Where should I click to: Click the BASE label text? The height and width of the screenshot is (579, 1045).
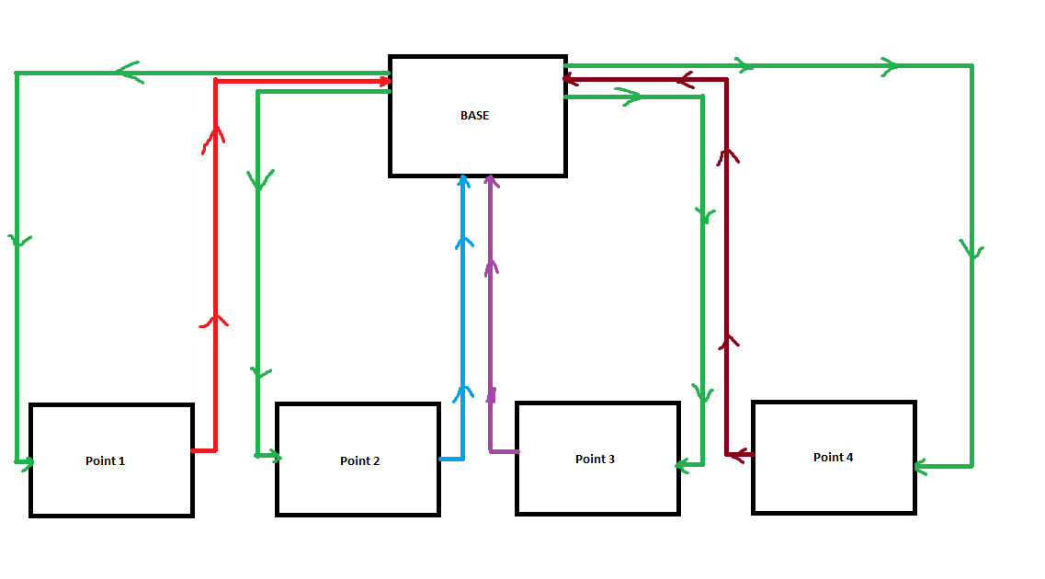coord(474,116)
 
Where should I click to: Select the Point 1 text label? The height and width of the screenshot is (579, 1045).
coord(105,460)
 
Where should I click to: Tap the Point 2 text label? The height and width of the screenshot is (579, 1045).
coord(359,460)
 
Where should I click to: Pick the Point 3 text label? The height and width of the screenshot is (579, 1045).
coord(595,459)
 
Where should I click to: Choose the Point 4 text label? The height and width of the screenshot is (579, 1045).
coord(833,457)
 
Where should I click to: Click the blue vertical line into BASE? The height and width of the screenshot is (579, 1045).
coord(464,312)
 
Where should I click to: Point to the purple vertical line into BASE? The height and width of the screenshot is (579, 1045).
coord(490,312)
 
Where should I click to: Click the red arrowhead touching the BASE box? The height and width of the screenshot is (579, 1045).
coord(383,81)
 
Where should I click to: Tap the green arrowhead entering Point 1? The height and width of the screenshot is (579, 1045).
coord(25,460)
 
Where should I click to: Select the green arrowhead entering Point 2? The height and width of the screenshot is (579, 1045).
coord(272,454)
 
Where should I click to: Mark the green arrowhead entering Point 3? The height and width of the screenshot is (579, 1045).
coord(683,465)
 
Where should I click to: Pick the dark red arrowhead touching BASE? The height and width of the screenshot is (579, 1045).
coord(570,80)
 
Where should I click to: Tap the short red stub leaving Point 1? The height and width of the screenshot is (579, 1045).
coord(203,450)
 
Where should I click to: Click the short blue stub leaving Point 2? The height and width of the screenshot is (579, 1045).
coord(451,458)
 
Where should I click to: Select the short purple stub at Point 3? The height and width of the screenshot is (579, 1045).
coord(504,451)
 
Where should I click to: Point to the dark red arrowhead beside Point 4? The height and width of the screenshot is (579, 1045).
coord(735,454)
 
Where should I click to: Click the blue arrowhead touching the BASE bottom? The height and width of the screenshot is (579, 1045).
coord(464,181)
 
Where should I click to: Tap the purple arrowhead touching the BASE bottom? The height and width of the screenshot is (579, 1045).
coord(490,181)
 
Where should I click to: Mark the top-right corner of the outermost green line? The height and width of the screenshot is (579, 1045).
coord(971,66)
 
